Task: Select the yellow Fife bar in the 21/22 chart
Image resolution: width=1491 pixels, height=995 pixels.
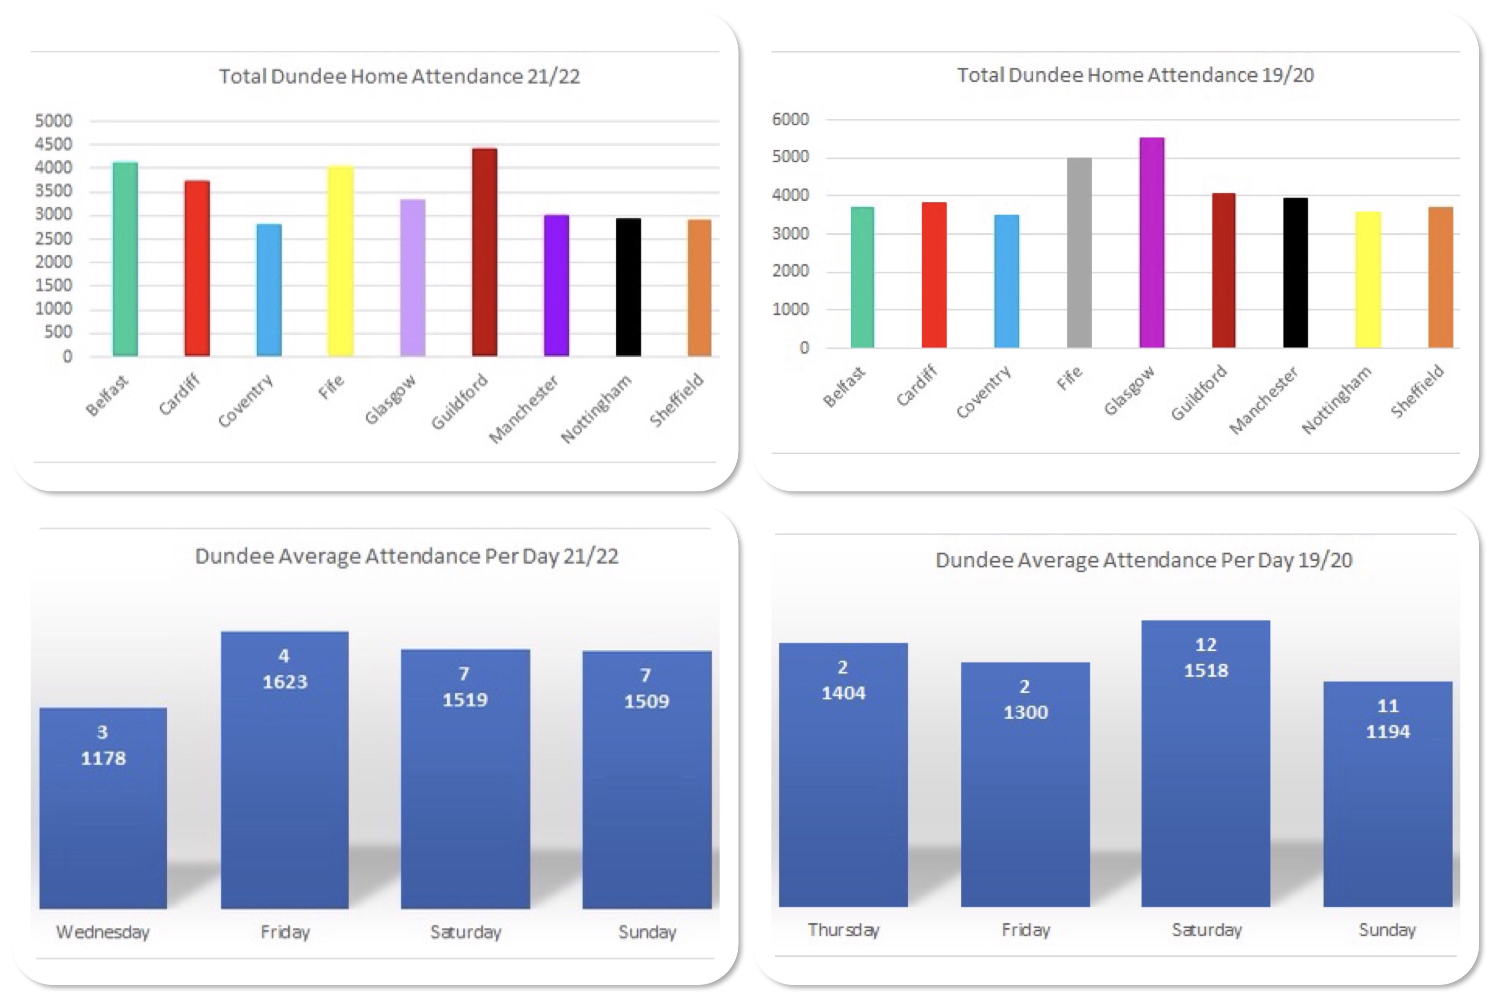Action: click(340, 261)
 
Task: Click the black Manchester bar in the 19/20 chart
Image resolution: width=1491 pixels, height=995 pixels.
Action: click(1295, 273)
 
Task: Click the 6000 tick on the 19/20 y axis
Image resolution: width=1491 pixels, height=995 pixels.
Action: click(790, 119)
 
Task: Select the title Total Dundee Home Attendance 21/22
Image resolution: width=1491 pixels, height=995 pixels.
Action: click(399, 77)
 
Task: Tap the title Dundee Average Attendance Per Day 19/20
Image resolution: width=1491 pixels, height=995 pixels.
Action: click(1144, 560)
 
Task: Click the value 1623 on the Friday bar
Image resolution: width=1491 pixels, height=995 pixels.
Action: click(285, 682)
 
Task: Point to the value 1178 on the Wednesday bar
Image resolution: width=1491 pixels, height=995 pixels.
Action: click(103, 758)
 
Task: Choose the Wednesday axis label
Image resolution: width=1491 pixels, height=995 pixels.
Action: click(103, 932)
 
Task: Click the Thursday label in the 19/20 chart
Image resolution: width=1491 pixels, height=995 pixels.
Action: click(844, 930)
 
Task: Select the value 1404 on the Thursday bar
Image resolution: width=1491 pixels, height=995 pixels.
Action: click(844, 693)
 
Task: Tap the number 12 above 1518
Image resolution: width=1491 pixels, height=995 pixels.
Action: click(1205, 645)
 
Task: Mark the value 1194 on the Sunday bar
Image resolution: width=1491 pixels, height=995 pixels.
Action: click(1388, 732)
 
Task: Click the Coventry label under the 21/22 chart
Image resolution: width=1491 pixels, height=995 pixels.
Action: click(246, 401)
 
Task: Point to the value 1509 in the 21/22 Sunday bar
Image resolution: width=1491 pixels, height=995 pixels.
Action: click(646, 701)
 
